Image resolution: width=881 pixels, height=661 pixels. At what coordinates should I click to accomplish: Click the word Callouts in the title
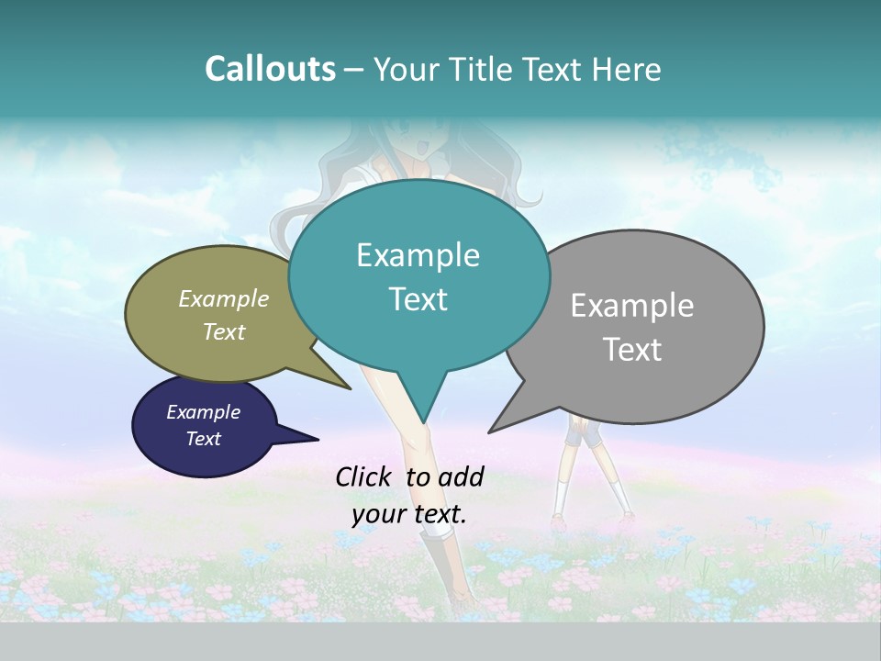(x=270, y=69)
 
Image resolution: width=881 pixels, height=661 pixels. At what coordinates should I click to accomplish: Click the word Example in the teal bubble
(x=418, y=255)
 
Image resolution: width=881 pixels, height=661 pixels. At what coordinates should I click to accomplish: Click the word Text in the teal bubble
(x=418, y=299)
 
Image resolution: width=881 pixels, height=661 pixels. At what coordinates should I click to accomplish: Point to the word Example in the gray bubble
(x=632, y=306)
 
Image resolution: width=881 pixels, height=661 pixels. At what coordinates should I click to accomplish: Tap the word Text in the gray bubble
(x=632, y=350)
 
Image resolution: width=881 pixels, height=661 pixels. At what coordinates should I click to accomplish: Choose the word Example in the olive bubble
(x=224, y=298)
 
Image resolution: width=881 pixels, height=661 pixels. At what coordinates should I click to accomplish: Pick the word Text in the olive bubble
(x=224, y=331)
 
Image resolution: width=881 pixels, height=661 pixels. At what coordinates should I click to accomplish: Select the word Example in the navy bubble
(x=204, y=412)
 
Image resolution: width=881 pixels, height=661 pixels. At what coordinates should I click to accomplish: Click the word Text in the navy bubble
(x=204, y=439)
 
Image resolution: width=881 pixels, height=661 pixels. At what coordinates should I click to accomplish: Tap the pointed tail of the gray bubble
(x=491, y=431)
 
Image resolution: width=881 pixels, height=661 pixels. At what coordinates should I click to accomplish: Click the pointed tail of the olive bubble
(x=349, y=388)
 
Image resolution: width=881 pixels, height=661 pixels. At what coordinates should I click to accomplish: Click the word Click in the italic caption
(x=365, y=476)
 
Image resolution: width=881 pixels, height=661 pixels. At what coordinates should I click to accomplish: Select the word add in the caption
(x=463, y=476)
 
